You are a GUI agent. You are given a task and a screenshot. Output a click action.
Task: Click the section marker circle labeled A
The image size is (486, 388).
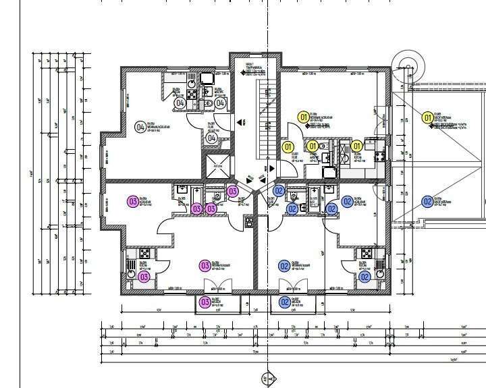point(269,380)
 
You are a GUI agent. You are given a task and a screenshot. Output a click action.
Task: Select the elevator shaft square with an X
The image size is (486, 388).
point(217,165)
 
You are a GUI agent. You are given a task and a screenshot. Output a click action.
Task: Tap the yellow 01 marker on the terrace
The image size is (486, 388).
point(427,119)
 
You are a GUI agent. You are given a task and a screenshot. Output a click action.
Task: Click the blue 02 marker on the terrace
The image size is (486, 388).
point(427,201)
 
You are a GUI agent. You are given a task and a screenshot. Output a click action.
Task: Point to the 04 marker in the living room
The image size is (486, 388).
point(140,126)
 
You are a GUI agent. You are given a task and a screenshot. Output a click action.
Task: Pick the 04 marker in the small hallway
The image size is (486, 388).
point(211,138)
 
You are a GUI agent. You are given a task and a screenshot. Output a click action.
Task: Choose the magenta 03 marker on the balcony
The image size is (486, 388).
point(205,302)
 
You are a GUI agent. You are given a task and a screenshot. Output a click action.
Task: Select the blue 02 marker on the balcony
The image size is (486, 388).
point(285,302)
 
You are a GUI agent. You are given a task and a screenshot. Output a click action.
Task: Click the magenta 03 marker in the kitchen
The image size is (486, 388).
point(144,277)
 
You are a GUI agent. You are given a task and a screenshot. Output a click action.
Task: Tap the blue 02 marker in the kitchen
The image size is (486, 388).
point(364,277)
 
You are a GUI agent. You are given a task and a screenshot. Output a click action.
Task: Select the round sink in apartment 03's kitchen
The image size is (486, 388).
point(130,265)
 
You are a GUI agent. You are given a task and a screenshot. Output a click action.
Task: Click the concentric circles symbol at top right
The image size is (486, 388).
point(408,67)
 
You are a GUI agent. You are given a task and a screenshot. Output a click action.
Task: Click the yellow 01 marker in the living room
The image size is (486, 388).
point(304,117)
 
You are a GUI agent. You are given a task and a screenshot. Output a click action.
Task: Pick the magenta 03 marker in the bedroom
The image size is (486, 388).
point(133,200)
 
